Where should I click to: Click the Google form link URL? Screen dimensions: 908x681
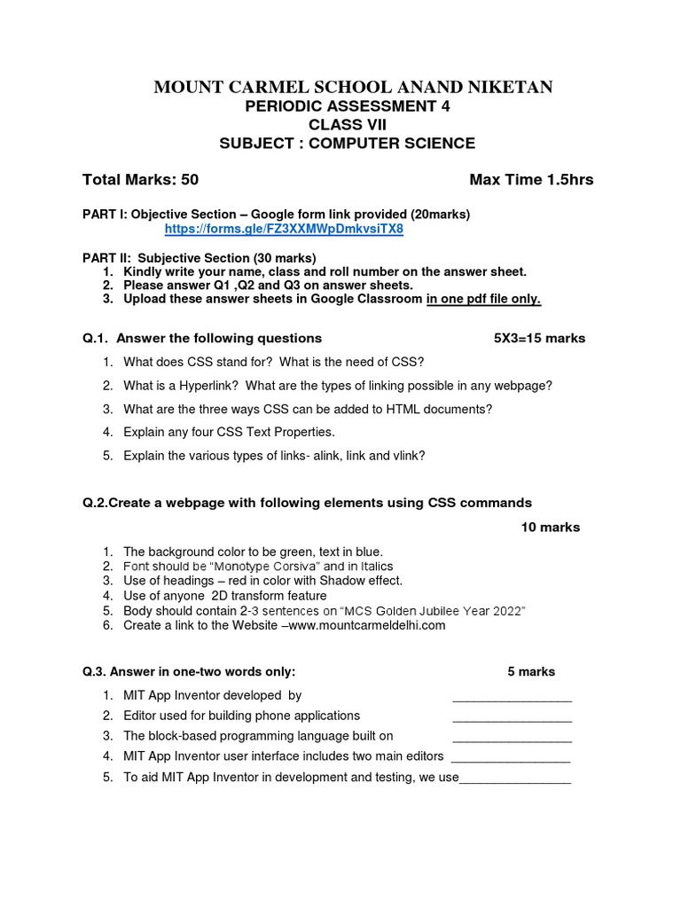coord(284,230)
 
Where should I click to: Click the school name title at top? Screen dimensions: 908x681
coord(354,87)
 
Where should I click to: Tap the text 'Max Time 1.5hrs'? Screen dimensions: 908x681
coord(531,180)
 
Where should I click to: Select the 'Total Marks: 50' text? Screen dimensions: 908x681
coord(140,180)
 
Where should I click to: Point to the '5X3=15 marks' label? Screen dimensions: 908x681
coord(539,338)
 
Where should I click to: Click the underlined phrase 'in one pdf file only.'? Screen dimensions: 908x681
coord(483,299)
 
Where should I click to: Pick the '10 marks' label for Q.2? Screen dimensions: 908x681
coord(550,527)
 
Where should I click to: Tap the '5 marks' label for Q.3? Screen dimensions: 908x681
coord(531,671)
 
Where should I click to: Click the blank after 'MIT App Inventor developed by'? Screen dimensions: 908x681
coord(512,697)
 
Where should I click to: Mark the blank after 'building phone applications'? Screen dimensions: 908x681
coord(512,716)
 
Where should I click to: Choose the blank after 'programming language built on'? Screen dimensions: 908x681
coord(512,737)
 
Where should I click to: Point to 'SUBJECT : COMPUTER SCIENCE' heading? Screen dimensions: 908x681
coord(347,143)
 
